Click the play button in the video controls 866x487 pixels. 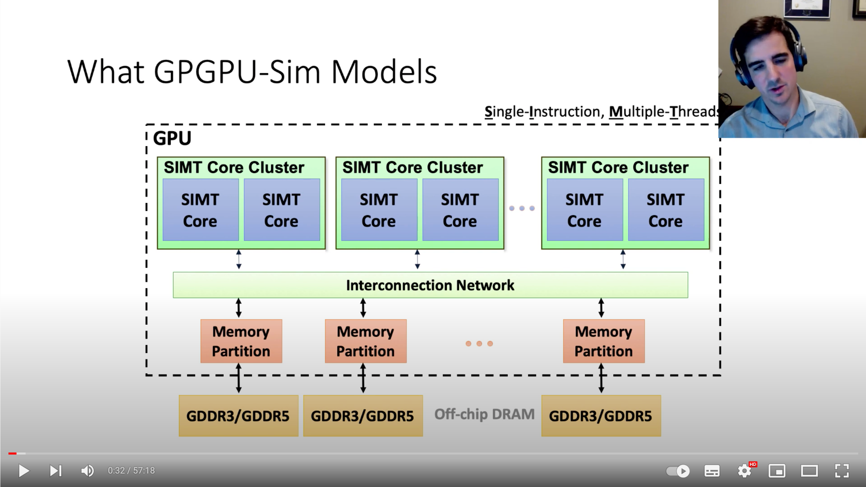(x=24, y=470)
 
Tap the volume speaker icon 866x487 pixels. (x=87, y=470)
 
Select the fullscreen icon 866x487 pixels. (x=842, y=470)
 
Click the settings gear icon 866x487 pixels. (x=745, y=470)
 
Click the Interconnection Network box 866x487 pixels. (x=430, y=285)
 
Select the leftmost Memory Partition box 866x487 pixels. (x=241, y=341)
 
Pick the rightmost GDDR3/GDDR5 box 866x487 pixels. (x=601, y=416)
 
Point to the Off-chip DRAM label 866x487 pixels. (x=484, y=414)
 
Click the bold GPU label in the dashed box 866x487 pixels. (x=172, y=138)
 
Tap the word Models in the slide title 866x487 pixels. (x=384, y=72)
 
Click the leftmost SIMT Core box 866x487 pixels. (x=200, y=210)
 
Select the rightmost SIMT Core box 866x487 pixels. (x=666, y=210)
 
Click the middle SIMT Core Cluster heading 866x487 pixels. (x=412, y=167)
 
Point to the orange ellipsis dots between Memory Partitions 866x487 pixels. (x=479, y=344)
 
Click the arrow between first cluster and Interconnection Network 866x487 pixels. (x=239, y=259)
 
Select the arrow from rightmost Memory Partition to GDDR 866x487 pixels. (x=601, y=378)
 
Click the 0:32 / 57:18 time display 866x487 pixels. (x=131, y=470)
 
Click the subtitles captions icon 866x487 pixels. (x=712, y=470)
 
